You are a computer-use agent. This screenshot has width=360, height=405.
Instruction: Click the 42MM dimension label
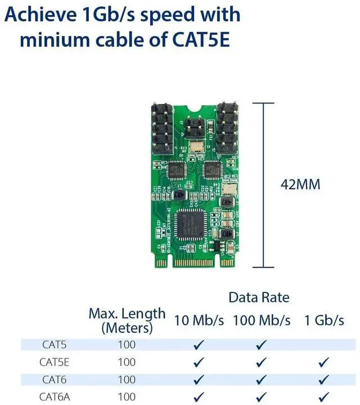[300, 184]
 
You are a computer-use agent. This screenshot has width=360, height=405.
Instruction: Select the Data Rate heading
[259, 297]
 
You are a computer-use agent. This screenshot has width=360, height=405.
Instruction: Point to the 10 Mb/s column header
[199, 320]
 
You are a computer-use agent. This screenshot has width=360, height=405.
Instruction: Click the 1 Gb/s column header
[323, 320]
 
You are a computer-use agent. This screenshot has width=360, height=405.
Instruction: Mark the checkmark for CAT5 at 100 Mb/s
[261, 344]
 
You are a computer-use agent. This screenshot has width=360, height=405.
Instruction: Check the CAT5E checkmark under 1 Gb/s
[323, 362]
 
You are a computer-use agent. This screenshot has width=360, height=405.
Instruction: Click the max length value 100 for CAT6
[127, 379]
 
